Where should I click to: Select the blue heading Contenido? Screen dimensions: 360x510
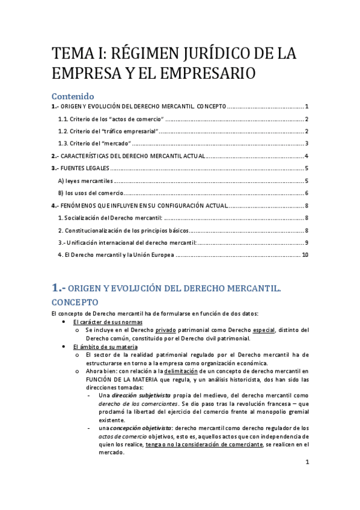pos(73,96)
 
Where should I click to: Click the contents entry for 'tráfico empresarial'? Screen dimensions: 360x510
pos(109,131)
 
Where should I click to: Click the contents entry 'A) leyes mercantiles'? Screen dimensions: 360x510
pos(85,181)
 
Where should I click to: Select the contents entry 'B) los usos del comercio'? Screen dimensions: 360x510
pos(90,193)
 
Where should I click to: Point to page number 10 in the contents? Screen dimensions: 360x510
pos(305,255)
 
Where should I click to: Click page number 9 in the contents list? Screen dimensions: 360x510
pos(307,242)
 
